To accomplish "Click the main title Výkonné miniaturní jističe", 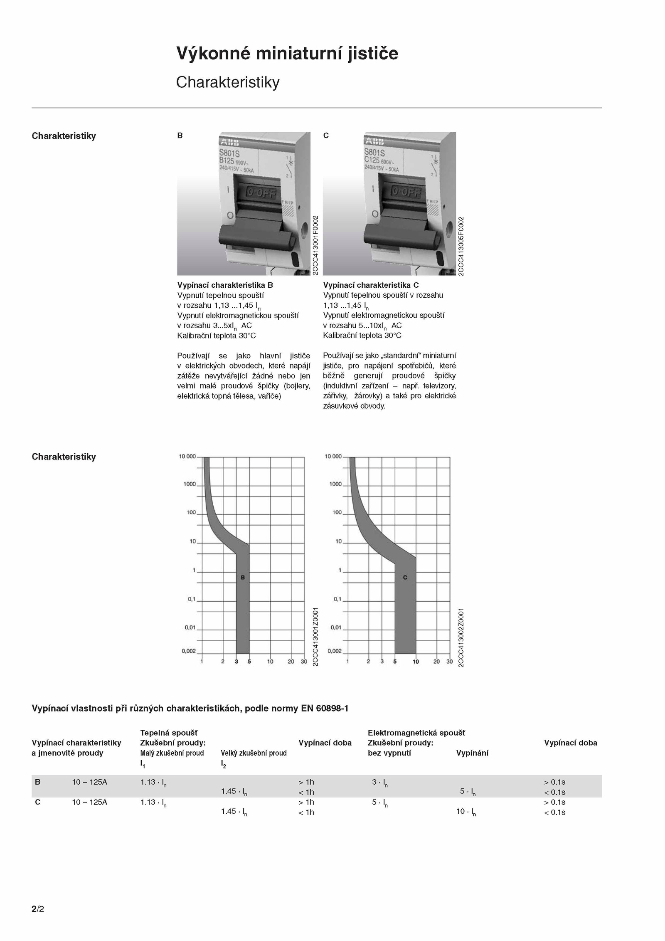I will [x=287, y=54].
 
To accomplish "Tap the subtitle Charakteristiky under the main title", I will [x=227, y=82].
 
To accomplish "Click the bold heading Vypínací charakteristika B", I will [x=225, y=285].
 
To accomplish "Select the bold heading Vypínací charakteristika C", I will [x=371, y=285].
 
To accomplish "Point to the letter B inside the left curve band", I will [x=243, y=578].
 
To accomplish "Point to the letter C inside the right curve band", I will [x=405, y=578].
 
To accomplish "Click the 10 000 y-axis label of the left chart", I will [x=187, y=457].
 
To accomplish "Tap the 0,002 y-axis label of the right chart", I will [x=334, y=651].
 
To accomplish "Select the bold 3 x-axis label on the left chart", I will [x=236, y=662].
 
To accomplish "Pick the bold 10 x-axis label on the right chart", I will [x=416, y=662].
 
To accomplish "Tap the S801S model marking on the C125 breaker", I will [x=374, y=153].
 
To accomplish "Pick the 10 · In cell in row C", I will [x=466, y=811].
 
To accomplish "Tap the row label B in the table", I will [x=37, y=782].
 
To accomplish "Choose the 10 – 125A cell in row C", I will [x=89, y=802].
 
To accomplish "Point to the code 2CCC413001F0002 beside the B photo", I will [x=315, y=245].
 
